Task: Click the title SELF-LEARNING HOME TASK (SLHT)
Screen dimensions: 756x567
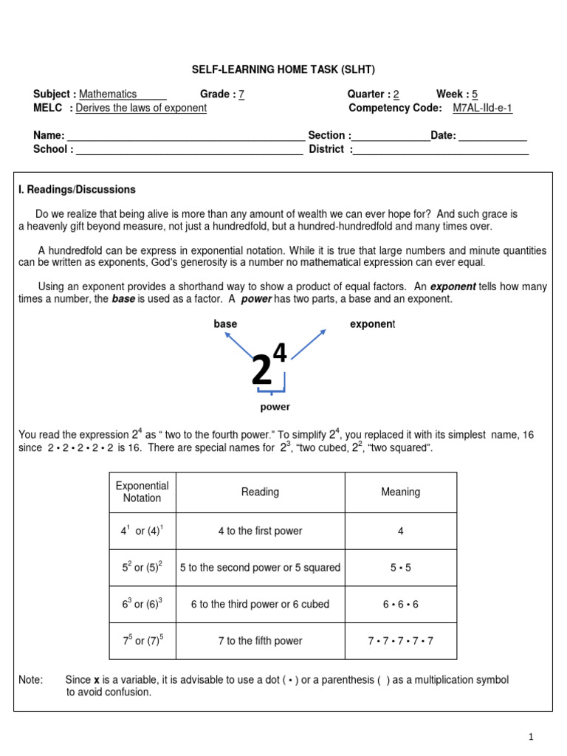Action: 283,69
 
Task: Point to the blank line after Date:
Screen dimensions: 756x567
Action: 492,136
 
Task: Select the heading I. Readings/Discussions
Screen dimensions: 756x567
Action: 77,190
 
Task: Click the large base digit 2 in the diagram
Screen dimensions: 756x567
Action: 262,371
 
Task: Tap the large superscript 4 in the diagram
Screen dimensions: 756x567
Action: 281,355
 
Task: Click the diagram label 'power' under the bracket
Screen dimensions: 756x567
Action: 275,407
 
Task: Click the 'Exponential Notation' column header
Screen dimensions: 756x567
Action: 142,492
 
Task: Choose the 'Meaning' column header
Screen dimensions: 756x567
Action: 400,492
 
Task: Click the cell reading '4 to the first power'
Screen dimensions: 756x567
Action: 260,531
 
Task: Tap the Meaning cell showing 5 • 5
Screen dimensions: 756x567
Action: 400,568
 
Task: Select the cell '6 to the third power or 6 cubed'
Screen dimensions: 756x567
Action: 260,604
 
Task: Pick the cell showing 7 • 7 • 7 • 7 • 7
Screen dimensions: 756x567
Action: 400,641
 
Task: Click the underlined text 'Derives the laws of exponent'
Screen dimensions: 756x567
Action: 141,108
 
